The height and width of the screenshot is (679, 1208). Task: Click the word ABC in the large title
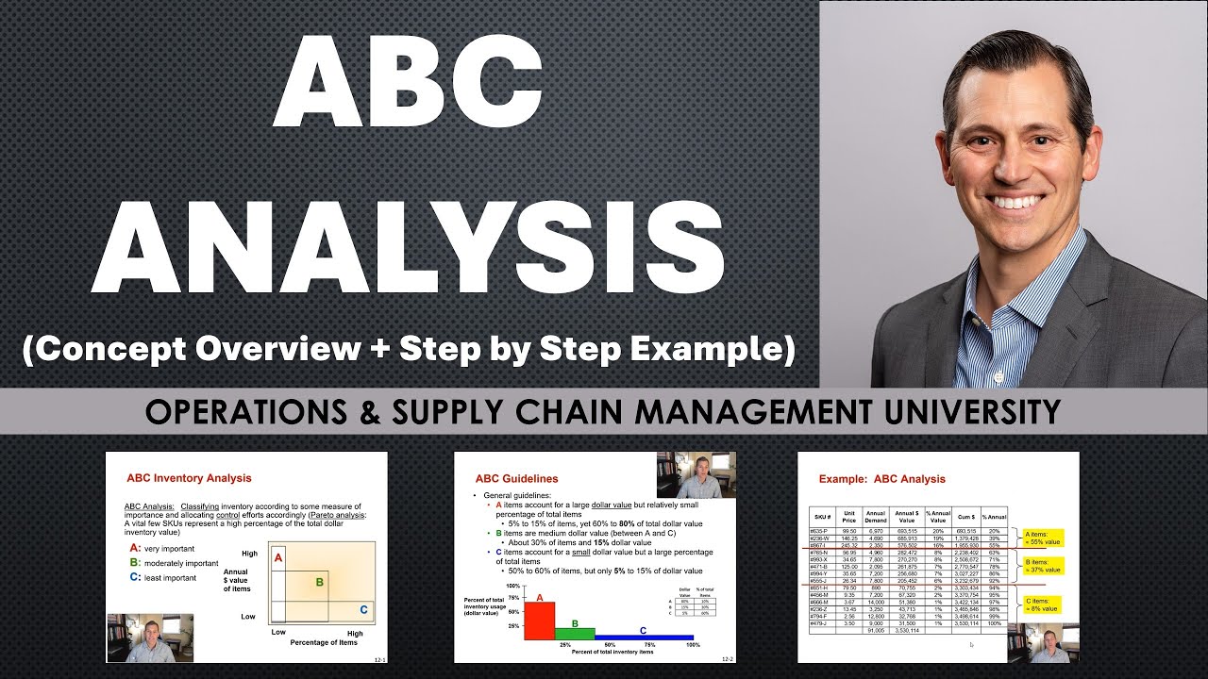tap(407, 86)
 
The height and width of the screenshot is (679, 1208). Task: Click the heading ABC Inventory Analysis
tap(189, 478)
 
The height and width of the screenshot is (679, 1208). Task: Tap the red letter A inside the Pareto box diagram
tap(278, 558)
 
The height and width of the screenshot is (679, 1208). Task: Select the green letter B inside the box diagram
tap(319, 582)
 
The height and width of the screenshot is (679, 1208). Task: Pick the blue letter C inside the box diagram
tap(363, 610)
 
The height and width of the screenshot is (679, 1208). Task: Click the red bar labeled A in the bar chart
tap(539, 621)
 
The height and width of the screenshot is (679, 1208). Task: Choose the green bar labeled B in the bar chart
tap(575, 633)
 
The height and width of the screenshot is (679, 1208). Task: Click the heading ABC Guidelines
tap(516, 478)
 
